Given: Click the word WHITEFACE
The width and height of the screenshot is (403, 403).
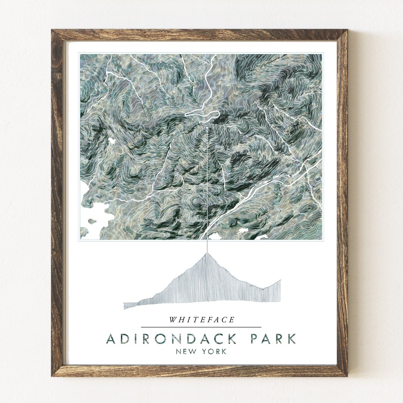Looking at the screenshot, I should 202,320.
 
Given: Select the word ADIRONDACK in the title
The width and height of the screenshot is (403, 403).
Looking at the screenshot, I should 171,339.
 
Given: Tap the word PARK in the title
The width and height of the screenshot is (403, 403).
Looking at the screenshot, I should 273,339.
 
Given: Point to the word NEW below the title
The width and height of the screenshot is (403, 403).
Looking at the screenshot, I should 187,351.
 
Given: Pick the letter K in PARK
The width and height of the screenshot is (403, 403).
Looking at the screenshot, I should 291,339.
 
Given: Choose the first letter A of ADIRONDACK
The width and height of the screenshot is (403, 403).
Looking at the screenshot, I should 110,339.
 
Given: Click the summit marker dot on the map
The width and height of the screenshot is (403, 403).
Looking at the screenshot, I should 207,128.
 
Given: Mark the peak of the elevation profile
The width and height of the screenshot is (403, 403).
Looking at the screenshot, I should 207,253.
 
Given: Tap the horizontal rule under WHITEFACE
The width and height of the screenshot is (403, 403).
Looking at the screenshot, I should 201,327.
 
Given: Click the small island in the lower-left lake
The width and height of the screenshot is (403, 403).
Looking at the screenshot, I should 92,221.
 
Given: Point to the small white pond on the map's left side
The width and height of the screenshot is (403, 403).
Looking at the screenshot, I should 112,141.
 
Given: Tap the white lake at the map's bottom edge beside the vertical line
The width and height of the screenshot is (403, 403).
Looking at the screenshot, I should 215,236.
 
